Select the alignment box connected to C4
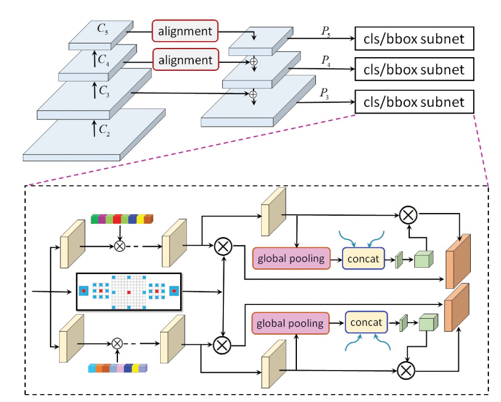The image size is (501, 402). (185, 59)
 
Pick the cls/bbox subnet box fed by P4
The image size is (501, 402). (414, 70)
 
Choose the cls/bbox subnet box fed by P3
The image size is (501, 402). (414, 102)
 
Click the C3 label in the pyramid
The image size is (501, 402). (103, 90)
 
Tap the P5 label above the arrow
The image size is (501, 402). (325, 31)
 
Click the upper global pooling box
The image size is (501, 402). (291, 259)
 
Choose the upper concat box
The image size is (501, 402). (364, 259)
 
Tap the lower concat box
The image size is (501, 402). (365, 323)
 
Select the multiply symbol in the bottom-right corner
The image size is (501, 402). (406, 370)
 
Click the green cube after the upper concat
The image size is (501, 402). (423, 260)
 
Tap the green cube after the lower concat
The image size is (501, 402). (428, 323)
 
